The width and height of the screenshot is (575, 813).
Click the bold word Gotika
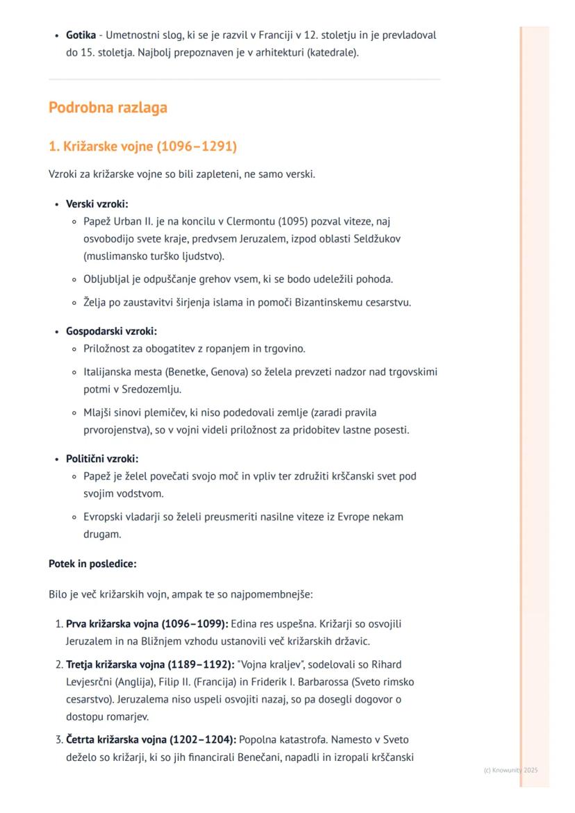[81, 35]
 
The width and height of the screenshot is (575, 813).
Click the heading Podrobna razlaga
[108, 108]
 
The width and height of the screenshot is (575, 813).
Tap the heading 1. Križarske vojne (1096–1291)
[142, 146]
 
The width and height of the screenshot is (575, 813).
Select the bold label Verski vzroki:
[97, 204]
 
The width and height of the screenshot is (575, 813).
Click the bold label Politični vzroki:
[102, 459]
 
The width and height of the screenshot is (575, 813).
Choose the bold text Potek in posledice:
[92, 564]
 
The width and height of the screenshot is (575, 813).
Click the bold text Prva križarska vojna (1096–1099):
[147, 623]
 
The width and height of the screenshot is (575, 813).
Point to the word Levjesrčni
[90, 682]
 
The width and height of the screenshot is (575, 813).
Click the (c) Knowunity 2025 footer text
[510, 770]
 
